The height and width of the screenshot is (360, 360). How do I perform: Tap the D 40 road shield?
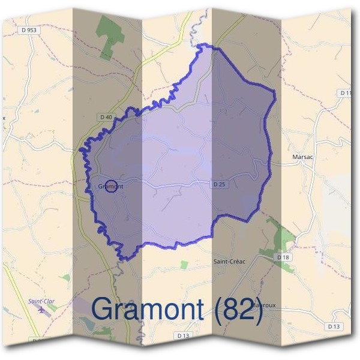pyautogui.click(x=106, y=116)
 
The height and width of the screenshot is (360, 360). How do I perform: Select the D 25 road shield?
pyautogui.click(x=220, y=184)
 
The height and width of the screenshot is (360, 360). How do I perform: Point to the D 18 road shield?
pyautogui.click(x=283, y=257)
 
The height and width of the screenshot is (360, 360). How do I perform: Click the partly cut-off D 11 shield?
pyautogui.click(x=345, y=93)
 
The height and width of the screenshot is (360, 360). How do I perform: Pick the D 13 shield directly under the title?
pyautogui.click(x=184, y=334)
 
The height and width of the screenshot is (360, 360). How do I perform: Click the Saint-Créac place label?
pyautogui.click(x=230, y=262)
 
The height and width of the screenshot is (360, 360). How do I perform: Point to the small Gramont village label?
pyautogui.click(x=110, y=187)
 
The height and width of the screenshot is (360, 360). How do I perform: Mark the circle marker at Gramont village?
pyautogui.click(x=110, y=187)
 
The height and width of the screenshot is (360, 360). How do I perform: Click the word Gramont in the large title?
pyautogui.click(x=150, y=310)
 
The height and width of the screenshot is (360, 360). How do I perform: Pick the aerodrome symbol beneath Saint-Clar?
pyautogui.click(x=41, y=310)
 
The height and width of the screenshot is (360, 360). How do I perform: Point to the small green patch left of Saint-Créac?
pyautogui.click(x=184, y=264)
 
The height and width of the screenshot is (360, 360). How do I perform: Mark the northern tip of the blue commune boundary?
pyautogui.click(x=207, y=46)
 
